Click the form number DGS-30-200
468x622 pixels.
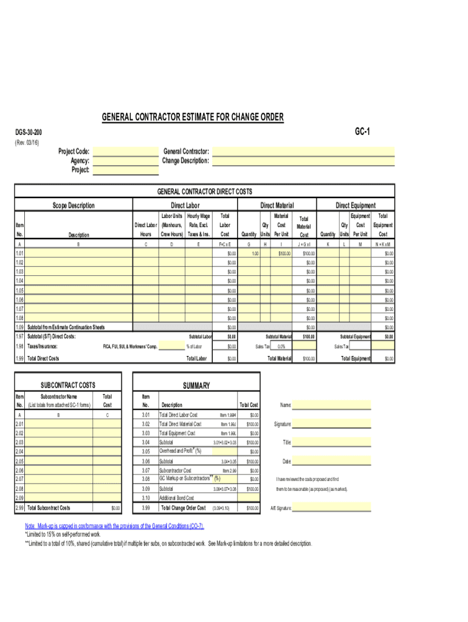pyautogui.click(x=29, y=132)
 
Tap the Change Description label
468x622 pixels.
pyautogui.click(x=185, y=161)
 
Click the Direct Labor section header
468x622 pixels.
pyautogui.click(x=185, y=205)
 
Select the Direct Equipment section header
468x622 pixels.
pyautogui.click(x=356, y=205)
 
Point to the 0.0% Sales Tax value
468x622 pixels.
pyautogui.click(x=281, y=346)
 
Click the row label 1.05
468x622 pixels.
pyautogui.click(x=19, y=291)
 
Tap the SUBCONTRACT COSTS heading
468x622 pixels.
pyautogui.click(x=67, y=386)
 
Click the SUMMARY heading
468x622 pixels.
pyautogui.click(x=197, y=386)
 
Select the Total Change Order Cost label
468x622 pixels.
pyautogui.click(x=182, y=508)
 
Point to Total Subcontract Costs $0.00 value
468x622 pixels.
pyautogui.click(x=115, y=508)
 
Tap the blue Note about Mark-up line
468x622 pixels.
pyautogui.click(x=114, y=526)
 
